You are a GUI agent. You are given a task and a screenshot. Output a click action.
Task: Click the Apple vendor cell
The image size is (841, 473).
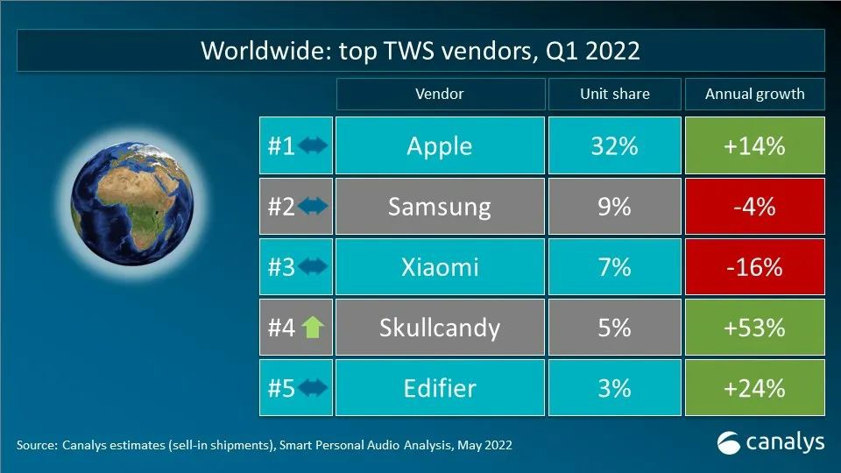pyautogui.click(x=439, y=145)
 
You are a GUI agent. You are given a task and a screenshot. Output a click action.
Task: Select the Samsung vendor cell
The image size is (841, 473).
pyautogui.click(x=439, y=207)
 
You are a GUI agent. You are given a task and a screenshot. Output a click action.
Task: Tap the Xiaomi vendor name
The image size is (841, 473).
pyautogui.click(x=439, y=266)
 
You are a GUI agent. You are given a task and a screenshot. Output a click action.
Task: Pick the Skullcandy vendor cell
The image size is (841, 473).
pyautogui.click(x=439, y=328)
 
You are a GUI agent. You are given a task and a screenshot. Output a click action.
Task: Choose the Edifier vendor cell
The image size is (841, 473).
pyautogui.click(x=439, y=387)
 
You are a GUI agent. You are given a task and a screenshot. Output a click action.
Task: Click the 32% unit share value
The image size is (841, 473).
pyautogui.click(x=613, y=145)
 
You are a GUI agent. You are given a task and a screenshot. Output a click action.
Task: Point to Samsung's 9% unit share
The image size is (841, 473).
pyautogui.click(x=613, y=207)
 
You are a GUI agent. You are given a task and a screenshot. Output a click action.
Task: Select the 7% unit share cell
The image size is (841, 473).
pyautogui.click(x=613, y=266)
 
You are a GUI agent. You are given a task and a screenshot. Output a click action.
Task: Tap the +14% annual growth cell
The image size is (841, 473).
pyautogui.click(x=753, y=145)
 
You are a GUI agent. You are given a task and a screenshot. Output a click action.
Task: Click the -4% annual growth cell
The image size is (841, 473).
pyautogui.click(x=753, y=207)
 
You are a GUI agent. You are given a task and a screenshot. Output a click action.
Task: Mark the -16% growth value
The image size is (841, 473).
pyautogui.click(x=753, y=266)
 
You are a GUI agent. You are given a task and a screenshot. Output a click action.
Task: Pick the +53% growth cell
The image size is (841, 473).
pyautogui.click(x=753, y=328)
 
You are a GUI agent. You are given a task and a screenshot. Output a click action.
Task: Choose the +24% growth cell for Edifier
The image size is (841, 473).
pyautogui.click(x=753, y=387)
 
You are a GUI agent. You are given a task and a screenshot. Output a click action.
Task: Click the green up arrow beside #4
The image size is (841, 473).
pyautogui.click(x=313, y=328)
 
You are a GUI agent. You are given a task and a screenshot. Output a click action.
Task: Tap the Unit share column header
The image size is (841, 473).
pyautogui.click(x=613, y=94)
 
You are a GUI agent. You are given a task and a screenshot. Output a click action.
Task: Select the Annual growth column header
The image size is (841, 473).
pyautogui.click(x=753, y=94)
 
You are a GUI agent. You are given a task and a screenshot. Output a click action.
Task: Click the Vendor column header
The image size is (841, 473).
pyautogui.click(x=439, y=94)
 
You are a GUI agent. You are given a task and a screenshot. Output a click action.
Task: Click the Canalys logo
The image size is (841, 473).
pyautogui.click(x=770, y=442)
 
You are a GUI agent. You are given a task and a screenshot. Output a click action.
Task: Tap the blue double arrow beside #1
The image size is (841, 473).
pyautogui.click(x=313, y=145)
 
